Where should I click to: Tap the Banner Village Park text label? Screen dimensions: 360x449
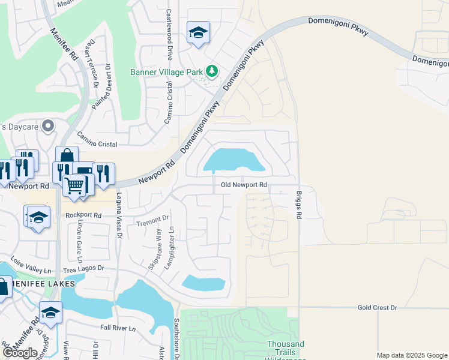[x=167, y=72]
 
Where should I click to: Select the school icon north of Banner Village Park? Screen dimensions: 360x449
[x=198, y=32]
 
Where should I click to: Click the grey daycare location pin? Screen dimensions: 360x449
[x=49, y=126]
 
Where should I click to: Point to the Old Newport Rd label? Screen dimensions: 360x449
[x=243, y=185]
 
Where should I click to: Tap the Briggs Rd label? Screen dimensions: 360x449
[x=298, y=205]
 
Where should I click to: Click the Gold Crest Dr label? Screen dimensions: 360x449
[x=377, y=307]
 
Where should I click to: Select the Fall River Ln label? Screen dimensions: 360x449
[x=119, y=328]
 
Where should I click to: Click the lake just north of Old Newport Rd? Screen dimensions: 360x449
[x=234, y=160]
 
